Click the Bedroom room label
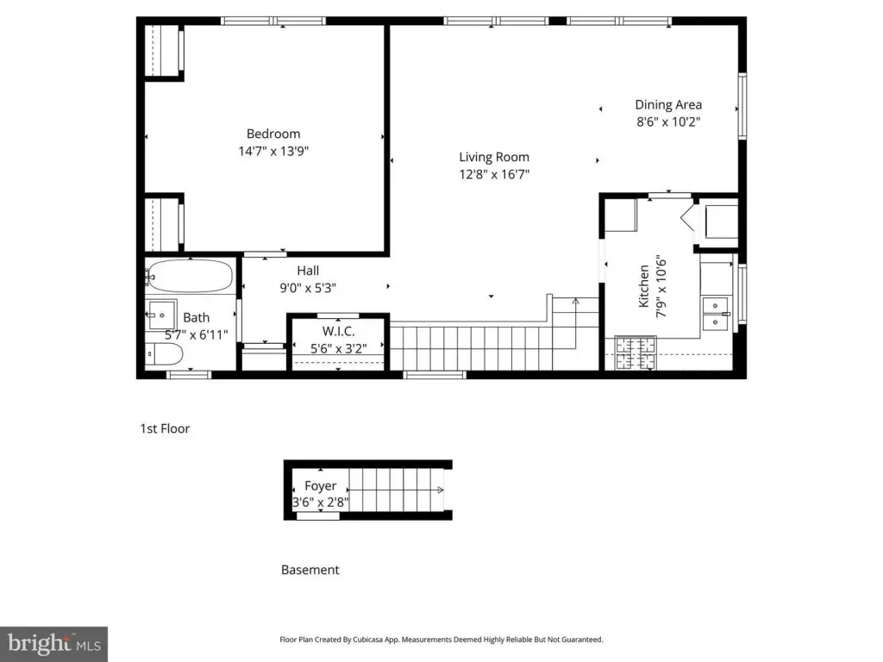tap(273, 134)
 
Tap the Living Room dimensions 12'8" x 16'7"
tap(494, 174)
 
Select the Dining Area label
tap(668, 104)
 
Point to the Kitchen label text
tap(643, 286)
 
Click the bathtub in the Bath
tap(191, 276)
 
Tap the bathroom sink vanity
tap(161, 315)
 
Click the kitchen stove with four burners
tap(636, 353)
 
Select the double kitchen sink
tap(716, 314)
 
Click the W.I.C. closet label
tap(338, 332)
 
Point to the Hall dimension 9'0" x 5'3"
tap(308, 288)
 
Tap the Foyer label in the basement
tap(321, 486)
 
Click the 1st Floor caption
tap(165, 429)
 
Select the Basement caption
tap(310, 570)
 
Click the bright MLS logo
tap(54, 644)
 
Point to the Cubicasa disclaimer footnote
tap(441, 640)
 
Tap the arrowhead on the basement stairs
tap(441, 490)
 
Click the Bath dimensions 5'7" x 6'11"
tap(197, 335)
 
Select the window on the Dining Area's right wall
tap(742, 106)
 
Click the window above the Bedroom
tap(273, 22)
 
